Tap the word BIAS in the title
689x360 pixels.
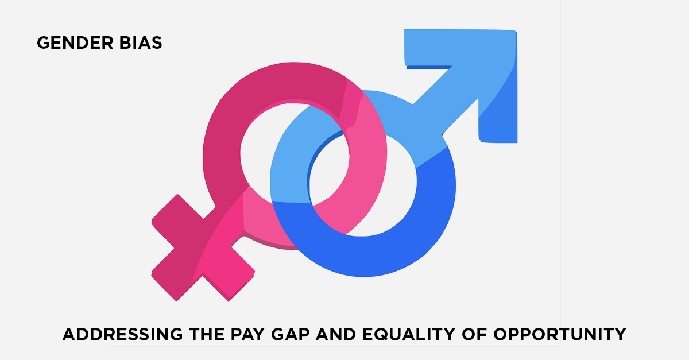pyautogui.click(x=141, y=42)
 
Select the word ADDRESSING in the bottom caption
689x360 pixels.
pyautogui.click(x=123, y=334)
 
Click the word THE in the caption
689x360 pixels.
pyautogui.click(x=207, y=334)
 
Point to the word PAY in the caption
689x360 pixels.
pyautogui.click(x=247, y=334)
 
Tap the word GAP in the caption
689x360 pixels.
pyautogui.click(x=291, y=334)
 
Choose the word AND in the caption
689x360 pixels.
pyautogui.click(x=336, y=334)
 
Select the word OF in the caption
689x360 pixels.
pyautogui.click(x=475, y=334)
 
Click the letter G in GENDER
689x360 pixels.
pyautogui.click(x=44, y=42)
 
